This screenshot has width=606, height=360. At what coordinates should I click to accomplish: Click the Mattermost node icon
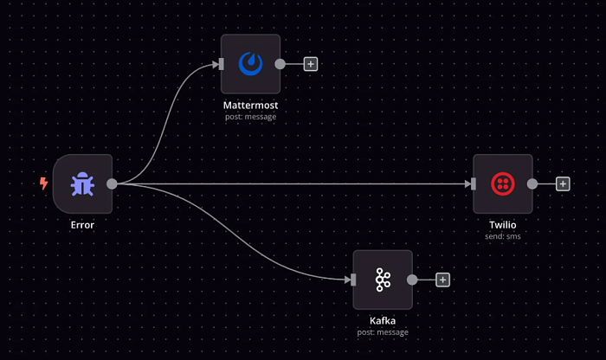pyautogui.click(x=251, y=64)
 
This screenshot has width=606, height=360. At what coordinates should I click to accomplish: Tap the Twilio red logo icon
pyautogui.click(x=502, y=183)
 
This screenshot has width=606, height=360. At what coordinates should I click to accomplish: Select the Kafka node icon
pyautogui.click(x=382, y=280)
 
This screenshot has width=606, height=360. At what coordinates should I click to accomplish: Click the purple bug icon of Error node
pyautogui.click(x=83, y=183)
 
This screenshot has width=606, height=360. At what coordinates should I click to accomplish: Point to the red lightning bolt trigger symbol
pyautogui.click(x=43, y=183)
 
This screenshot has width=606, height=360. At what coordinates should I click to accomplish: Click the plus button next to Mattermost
pyautogui.click(x=311, y=64)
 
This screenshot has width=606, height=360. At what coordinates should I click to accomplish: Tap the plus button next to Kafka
pyautogui.click(x=442, y=280)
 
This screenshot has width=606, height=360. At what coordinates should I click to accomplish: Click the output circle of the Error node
pyautogui.click(x=112, y=183)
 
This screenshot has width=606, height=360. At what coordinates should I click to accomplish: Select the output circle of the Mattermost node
pyautogui.click(x=280, y=64)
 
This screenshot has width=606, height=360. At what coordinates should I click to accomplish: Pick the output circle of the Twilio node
pyautogui.click(x=532, y=183)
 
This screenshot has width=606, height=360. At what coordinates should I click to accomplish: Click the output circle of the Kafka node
pyautogui.click(x=412, y=280)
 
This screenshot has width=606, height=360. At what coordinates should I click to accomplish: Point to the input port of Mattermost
pyautogui.click(x=222, y=64)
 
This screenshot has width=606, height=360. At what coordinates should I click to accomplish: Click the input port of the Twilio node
pyautogui.click(x=474, y=183)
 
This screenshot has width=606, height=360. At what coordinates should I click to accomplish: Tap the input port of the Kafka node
pyautogui.click(x=353, y=280)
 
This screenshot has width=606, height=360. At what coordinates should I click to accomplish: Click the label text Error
pyautogui.click(x=82, y=225)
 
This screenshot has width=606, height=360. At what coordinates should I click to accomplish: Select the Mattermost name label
pyautogui.click(x=250, y=106)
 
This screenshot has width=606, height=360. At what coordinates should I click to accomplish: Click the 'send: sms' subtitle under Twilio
pyautogui.click(x=502, y=235)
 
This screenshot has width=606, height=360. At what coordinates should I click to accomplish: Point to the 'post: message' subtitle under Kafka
pyautogui.click(x=382, y=331)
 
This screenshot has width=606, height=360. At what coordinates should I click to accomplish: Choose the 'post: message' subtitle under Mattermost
pyautogui.click(x=250, y=117)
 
